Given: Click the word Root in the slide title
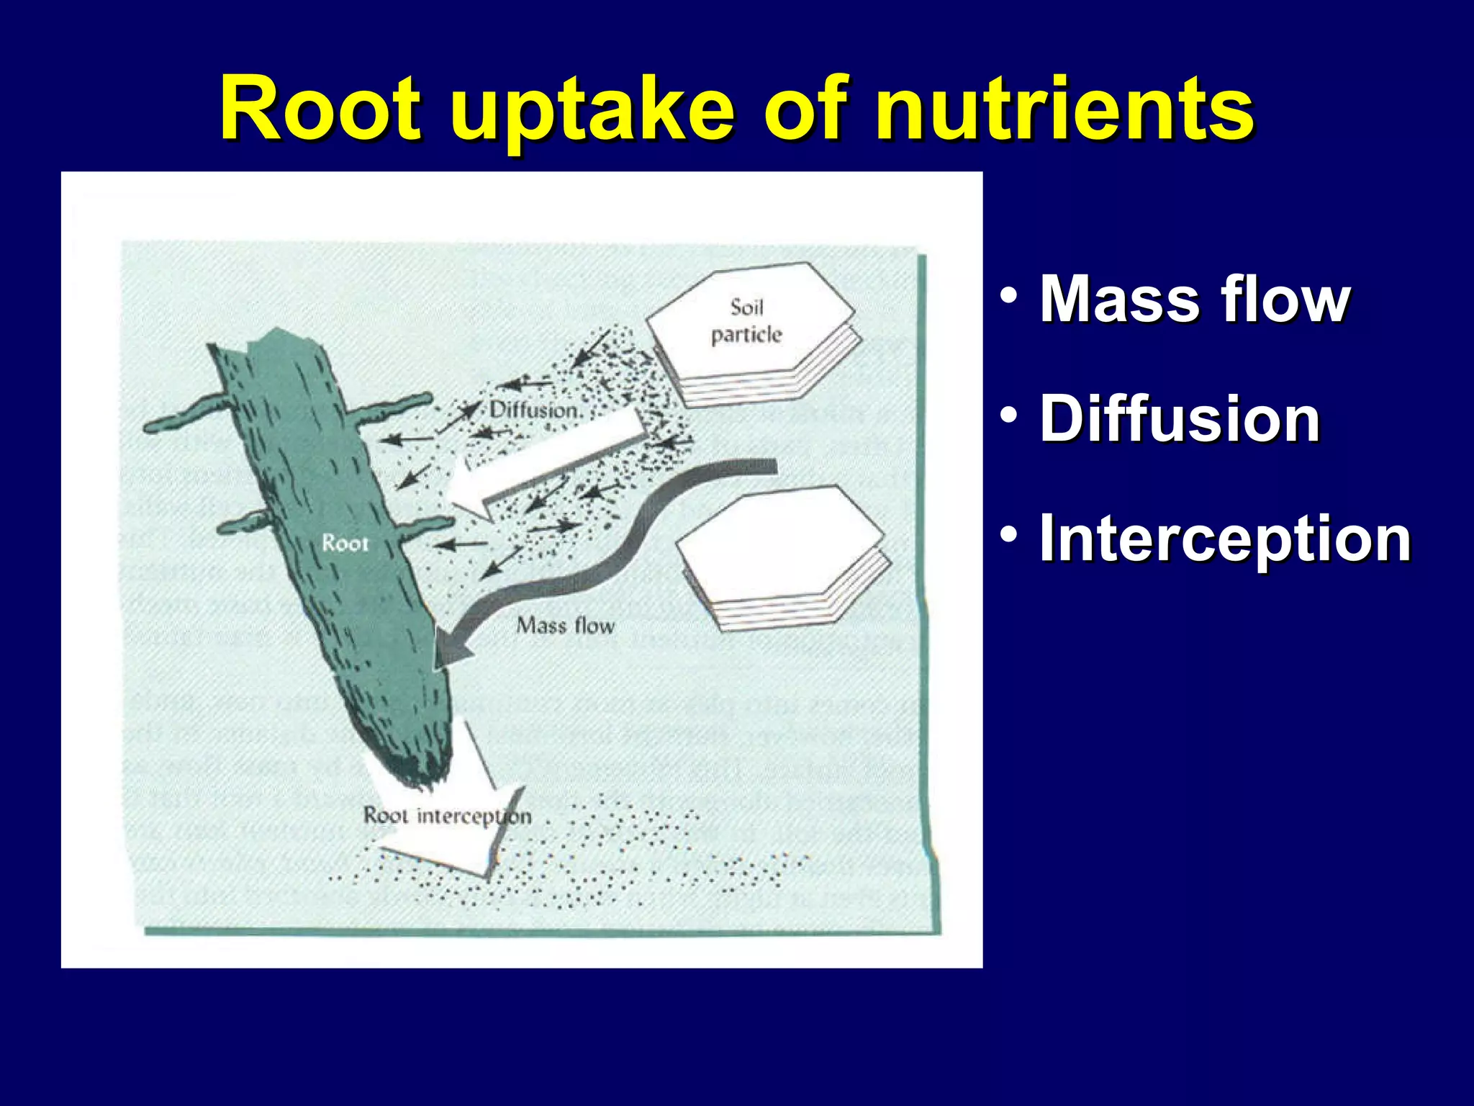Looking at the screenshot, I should click(320, 109).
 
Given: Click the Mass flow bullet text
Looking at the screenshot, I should click(1195, 299).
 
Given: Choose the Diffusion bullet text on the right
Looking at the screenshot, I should click(1180, 418).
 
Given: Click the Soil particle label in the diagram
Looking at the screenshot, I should click(746, 321).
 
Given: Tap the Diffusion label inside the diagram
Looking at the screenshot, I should click(534, 410).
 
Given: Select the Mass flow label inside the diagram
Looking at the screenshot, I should click(566, 625).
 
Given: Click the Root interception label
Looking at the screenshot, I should click(447, 816).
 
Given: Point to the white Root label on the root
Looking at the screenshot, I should click(345, 543).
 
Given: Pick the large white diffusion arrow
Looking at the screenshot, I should click(547, 461).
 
